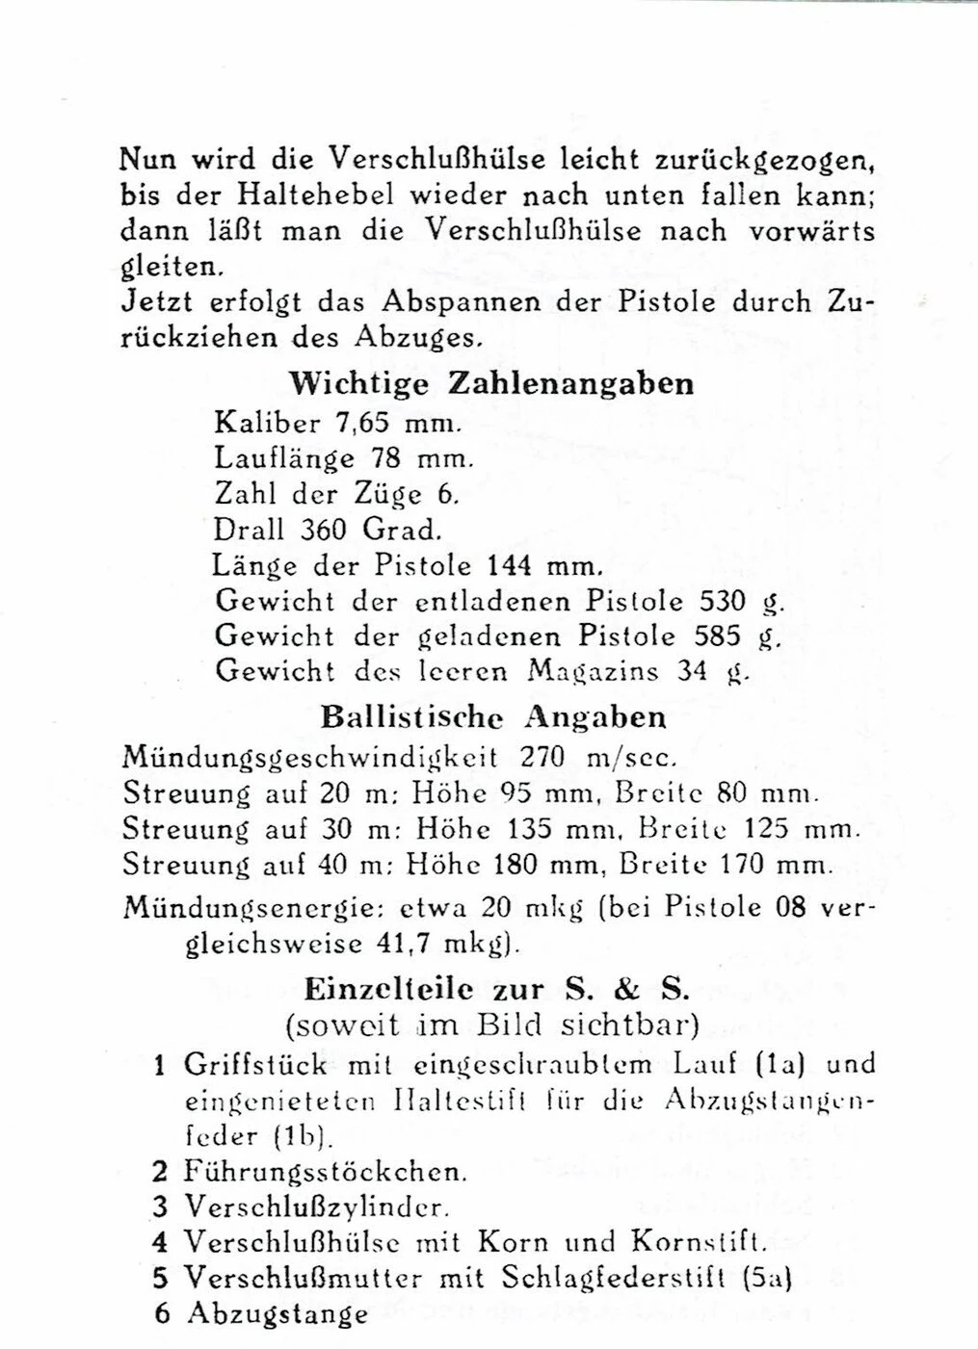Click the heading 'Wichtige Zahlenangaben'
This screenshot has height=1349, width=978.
coord(491,383)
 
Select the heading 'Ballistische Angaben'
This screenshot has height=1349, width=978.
coord(492,717)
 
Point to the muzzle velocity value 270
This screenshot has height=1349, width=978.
coord(542,756)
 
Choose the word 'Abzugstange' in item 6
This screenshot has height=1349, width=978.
coord(278,1314)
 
